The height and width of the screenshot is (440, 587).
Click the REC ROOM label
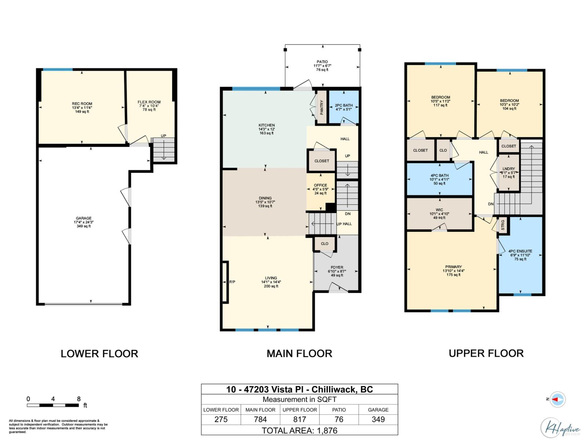(x=82, y=104)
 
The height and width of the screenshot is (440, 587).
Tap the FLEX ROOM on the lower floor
(x=149, y=106)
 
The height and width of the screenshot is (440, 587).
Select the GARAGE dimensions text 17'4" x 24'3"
(x=84, y=222)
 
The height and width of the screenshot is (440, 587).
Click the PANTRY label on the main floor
(x=322, y=107)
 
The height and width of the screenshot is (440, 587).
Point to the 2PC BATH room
(x=344, y=107)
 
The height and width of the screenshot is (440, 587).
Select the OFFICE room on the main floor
(x=320, y=189)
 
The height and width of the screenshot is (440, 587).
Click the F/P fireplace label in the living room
(x=232, y=282)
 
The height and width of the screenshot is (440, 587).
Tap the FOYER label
(x=337, y=268)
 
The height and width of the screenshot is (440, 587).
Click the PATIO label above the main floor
(x=322, y=62)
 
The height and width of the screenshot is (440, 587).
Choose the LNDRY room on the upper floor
(x=508, y=173)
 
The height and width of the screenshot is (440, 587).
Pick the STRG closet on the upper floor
(x=503, y=225)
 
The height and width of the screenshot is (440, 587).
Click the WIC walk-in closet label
(x=439, y=210)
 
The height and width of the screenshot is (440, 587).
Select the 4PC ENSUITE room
(x=520, y=255)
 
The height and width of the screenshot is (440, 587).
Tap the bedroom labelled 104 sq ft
(x=509, y=104)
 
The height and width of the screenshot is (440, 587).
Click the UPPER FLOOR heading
(x=486, y=353)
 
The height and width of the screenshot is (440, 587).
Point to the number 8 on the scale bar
(x=79, y=399)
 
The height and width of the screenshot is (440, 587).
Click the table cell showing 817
(x=299, y=419)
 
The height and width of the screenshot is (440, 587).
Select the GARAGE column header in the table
(x=378, y=410)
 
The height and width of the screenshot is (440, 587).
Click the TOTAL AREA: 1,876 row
(x=299, y=430)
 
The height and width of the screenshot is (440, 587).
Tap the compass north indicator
(x=557, y=399)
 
